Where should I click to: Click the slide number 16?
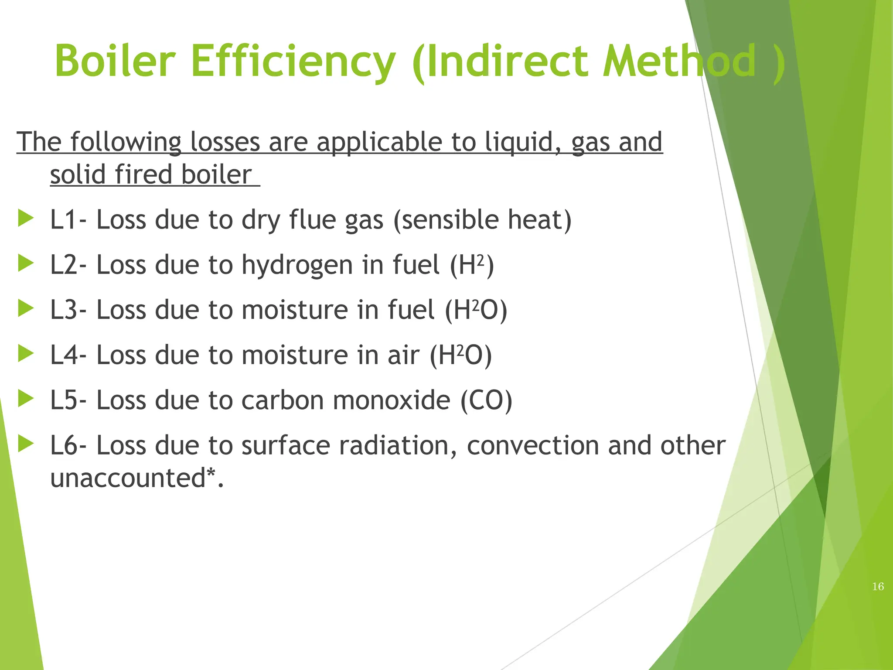[x=878, y=587]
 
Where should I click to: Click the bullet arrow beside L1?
[x=26, y=218]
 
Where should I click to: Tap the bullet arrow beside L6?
[x=26, y=444]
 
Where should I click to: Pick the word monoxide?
[x=391, y=400]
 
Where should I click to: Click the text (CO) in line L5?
[x=486, y=400]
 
